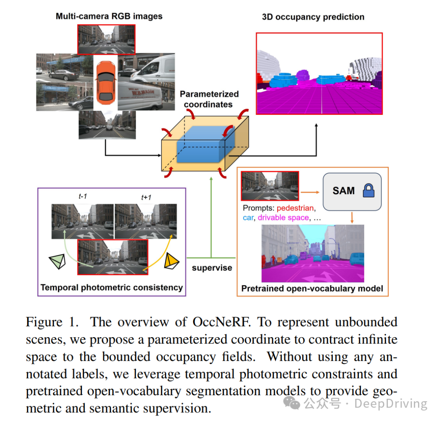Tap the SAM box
pyautogui.click(x=352, y=191)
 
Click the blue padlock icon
pyautogui.click(x=369, y=191)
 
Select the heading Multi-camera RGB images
pyautogui.click(x=109, y=16)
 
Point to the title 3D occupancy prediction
pyautogui.click(x=313, y=17)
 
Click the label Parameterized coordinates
pyautogui.click(x=209, y=99)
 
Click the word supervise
pyautogui.click(x=212, y=268)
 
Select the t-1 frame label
pyautogui.click(x=83, y=197)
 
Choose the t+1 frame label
pyautogui.click(x=146, y=197)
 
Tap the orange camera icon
pyautogui.click(x=171, y=262)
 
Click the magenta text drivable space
pyautogui.click(x=283, y=218)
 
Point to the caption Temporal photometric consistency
pyautogui.click(x=111, y=287)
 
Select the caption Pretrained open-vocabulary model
pyautogui.click(x=312, y=289)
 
